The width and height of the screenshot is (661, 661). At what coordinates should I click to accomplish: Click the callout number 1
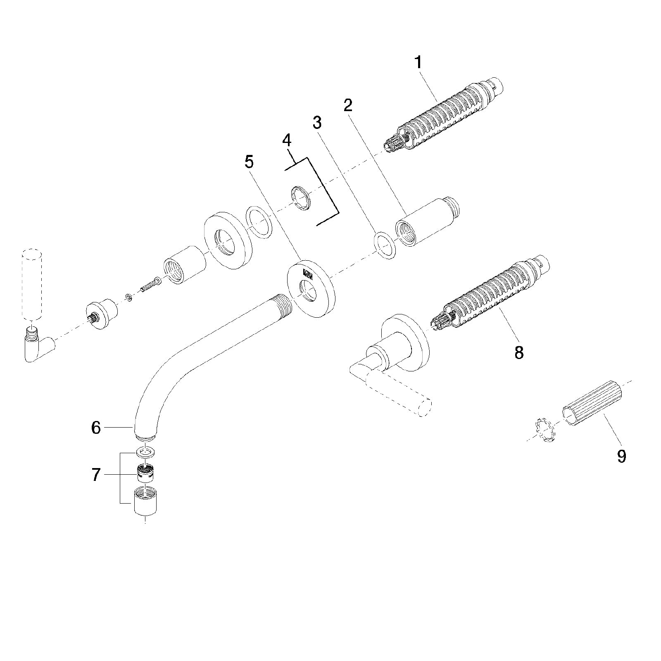418,63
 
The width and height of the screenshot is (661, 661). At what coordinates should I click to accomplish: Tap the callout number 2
348,105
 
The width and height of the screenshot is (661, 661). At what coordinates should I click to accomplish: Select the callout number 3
317,123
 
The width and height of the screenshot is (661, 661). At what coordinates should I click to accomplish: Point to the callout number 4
287,140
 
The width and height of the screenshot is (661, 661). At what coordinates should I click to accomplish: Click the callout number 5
249,162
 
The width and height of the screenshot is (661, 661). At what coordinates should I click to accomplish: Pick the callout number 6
96,428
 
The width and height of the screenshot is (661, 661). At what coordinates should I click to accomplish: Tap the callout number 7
96,475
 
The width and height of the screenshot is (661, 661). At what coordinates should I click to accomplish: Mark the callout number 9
621,456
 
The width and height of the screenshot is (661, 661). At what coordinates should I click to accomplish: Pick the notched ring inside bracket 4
301,198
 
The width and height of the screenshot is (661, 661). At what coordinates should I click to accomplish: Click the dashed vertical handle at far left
31,283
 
